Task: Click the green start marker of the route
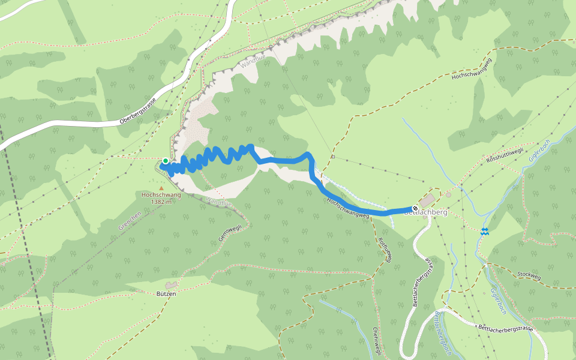coord(165,161)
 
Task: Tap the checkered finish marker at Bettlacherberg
coord(415,208)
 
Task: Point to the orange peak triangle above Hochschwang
coord(161,188)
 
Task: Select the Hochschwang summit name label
coord(161,195)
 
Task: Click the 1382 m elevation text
coord(161,202)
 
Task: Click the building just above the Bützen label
coord(172,284)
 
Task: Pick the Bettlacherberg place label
coord(427,212)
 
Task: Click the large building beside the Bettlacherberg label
coord(428,200)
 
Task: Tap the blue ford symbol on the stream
coord(484,231)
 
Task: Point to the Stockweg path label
coord(528,277)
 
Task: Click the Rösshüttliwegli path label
coord(505,154)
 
